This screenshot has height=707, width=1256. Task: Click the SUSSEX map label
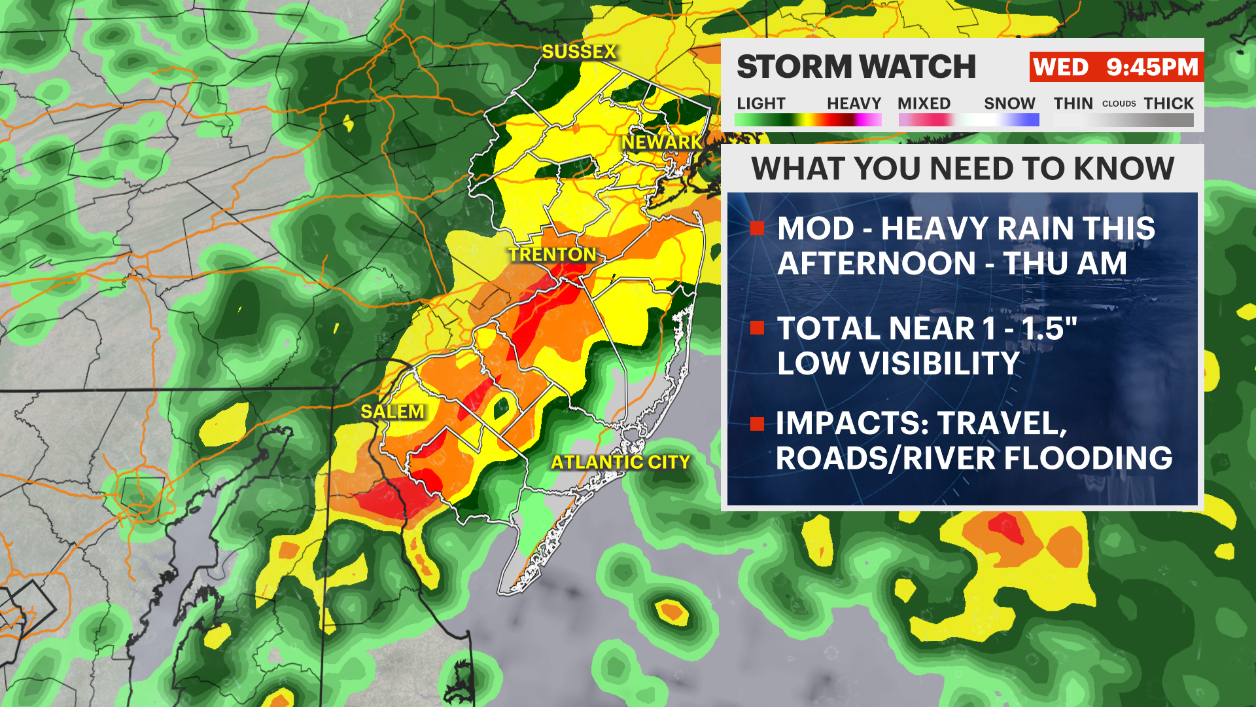[579, 52]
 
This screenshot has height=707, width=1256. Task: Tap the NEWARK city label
[661, 142]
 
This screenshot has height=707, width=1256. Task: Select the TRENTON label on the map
[553, 255]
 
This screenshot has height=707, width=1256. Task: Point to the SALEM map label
[392, 412]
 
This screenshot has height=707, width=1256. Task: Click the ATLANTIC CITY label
[620, 462]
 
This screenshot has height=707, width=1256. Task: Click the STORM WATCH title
[856, 67]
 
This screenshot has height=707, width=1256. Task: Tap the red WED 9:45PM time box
[1115, 67]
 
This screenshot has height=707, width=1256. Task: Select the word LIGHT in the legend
[760, 103]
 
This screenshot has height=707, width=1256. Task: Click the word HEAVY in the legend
[854, 103]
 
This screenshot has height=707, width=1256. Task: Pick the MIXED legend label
[924, 103]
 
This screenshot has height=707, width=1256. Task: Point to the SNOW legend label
[1009, 103]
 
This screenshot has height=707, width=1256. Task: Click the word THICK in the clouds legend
[1168, 103]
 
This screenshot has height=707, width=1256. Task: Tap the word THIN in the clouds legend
[1073, 103]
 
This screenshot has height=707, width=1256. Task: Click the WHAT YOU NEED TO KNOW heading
[962, 169]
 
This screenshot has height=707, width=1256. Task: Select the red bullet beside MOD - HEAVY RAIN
[758, 228]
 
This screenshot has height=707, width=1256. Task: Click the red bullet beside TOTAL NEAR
[758, 328]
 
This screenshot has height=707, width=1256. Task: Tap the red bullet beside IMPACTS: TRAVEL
[758, 424]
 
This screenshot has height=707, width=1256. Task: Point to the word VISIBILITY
[939, 363]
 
